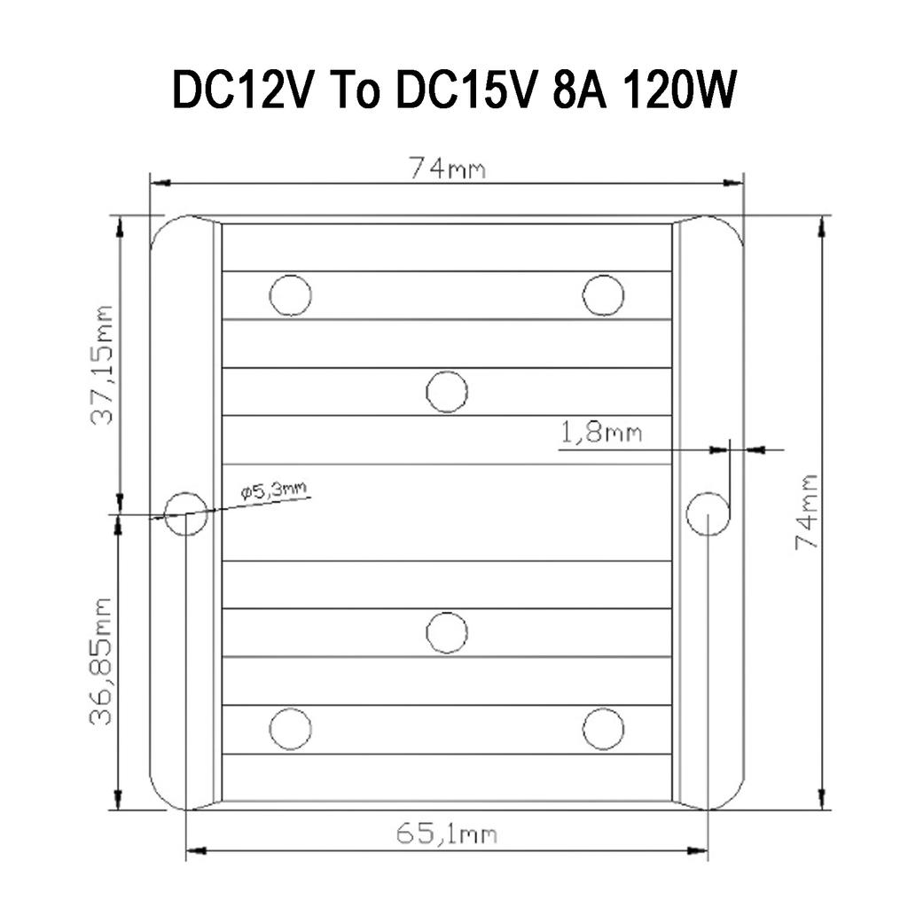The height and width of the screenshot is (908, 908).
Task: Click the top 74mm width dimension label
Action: [x=447, y=168]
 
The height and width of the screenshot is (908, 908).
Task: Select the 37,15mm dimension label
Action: [x=104, y=364]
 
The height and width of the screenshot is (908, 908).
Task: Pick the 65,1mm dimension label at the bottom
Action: [x=446, y=834]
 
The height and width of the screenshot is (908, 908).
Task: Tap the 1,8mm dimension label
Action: [x=600, y=434]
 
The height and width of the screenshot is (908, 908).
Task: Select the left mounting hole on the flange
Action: [x=186, y=513]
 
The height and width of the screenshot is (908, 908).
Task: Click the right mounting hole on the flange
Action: [x=708, y=513]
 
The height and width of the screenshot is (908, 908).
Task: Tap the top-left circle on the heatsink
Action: [x=290, y=295]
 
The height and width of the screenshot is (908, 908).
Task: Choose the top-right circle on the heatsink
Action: [x=603, y=295]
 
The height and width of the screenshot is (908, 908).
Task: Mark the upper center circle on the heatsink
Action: [x=447, y=391]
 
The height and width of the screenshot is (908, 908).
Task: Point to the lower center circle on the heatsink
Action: [x=447, y=632]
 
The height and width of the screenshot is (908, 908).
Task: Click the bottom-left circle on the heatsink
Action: [x=290, y=729]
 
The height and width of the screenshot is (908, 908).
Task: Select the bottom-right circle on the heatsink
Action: [x=603, y=729]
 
